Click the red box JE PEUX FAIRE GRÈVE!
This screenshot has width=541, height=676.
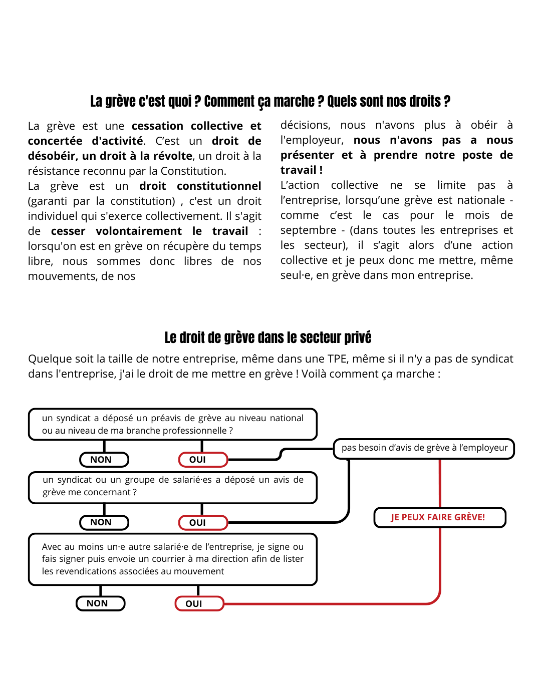coord(439,517)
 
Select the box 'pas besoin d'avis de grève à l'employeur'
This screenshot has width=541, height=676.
coord(424,448)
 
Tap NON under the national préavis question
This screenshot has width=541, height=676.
coord(104,460)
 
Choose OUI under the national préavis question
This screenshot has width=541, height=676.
coord(203,460)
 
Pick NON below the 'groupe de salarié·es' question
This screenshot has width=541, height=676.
coord(104,522)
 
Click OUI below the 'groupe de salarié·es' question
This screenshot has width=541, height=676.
coord(203,523)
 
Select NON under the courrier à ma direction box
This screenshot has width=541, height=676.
coord(100,603)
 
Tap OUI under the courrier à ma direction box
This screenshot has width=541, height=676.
coord(199,604)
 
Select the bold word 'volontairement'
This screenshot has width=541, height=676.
coord(139,231)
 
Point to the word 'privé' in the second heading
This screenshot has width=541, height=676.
coord(358,338)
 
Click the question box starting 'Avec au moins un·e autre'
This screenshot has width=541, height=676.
coord(173,559)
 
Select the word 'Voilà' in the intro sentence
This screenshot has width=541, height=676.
coord(314,374)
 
